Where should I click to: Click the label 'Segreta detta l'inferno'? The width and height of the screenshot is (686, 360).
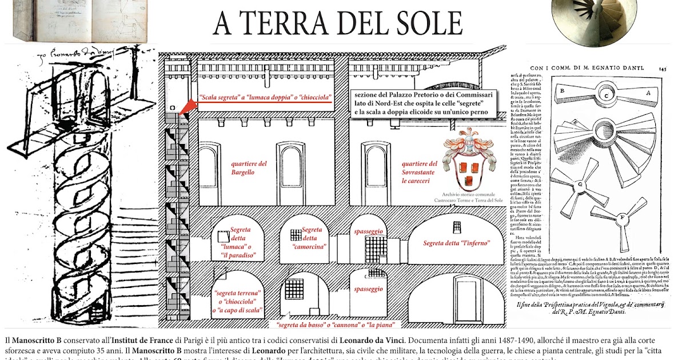coord(456,243)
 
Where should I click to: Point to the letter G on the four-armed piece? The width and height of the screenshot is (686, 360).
coord(581,185)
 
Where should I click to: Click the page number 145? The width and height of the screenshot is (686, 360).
coord(662,68)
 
